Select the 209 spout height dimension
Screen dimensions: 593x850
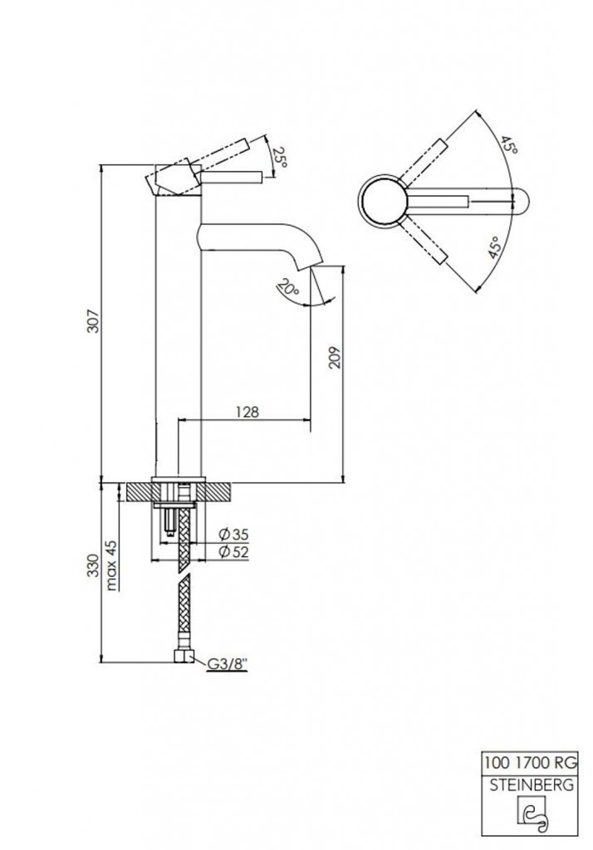(x=334, y=358)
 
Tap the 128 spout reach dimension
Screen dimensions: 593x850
(x=247, y=412)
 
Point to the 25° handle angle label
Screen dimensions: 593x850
(x=278, y=157)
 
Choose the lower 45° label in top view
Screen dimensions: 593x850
(x=494, y=247)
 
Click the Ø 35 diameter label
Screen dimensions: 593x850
(x=234, y=535)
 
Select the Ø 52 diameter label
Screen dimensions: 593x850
(x=234, y=552)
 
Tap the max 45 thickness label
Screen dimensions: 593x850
(x=112, y=564)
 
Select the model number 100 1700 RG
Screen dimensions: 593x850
(x=530, y=763)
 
